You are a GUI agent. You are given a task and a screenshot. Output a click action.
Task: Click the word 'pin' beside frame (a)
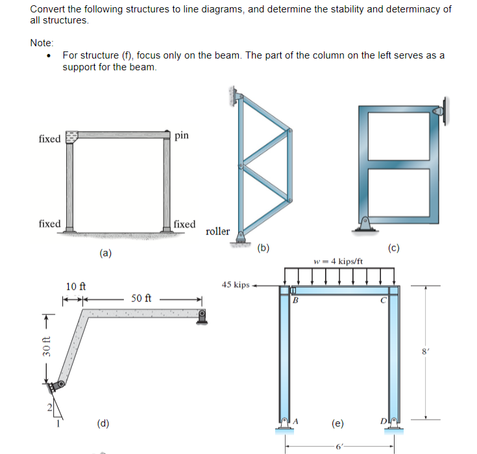(x=182, y=135)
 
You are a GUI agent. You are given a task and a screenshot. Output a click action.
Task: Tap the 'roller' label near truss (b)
(x=217, y=231)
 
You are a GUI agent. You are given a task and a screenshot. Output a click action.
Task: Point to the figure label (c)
(x=394, y=247)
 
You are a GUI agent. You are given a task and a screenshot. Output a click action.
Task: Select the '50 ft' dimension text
(x=141, y=299)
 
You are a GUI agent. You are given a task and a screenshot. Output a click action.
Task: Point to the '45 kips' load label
(x=236, y=284)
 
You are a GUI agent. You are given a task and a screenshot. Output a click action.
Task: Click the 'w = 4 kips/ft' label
(x=337, y=262)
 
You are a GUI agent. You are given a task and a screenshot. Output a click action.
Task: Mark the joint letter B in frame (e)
(x=295, y=301)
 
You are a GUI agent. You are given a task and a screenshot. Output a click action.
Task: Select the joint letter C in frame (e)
(x=384, y=301)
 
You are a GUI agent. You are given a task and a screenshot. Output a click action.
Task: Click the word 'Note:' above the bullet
(x=42, y=43)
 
